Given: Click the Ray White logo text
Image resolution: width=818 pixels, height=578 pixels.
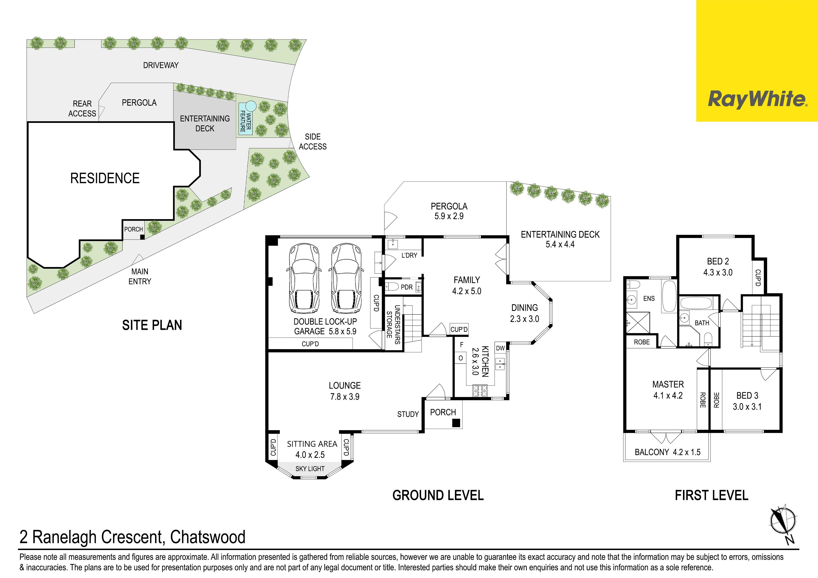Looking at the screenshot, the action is point(757,99).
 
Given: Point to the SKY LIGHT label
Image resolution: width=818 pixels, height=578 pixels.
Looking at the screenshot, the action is point(310,469).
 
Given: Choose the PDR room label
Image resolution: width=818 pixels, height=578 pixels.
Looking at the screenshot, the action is point(406,287).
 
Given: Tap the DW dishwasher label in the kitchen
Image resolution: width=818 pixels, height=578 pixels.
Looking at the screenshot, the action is point(500,348).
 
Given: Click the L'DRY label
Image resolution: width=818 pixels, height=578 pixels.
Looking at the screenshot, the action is point(409,255).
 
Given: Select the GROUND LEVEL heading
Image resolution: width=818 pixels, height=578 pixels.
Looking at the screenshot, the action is point(438,495).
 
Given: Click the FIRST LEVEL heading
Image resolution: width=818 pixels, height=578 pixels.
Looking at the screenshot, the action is point(711,495).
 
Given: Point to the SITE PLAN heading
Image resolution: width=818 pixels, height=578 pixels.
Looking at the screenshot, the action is point(152,325).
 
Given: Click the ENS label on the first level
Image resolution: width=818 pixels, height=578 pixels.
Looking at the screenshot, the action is point(649,298).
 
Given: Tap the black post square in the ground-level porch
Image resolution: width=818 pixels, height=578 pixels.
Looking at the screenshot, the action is point(456,423).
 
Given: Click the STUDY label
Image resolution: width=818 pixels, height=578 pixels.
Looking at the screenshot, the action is point(408,414).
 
